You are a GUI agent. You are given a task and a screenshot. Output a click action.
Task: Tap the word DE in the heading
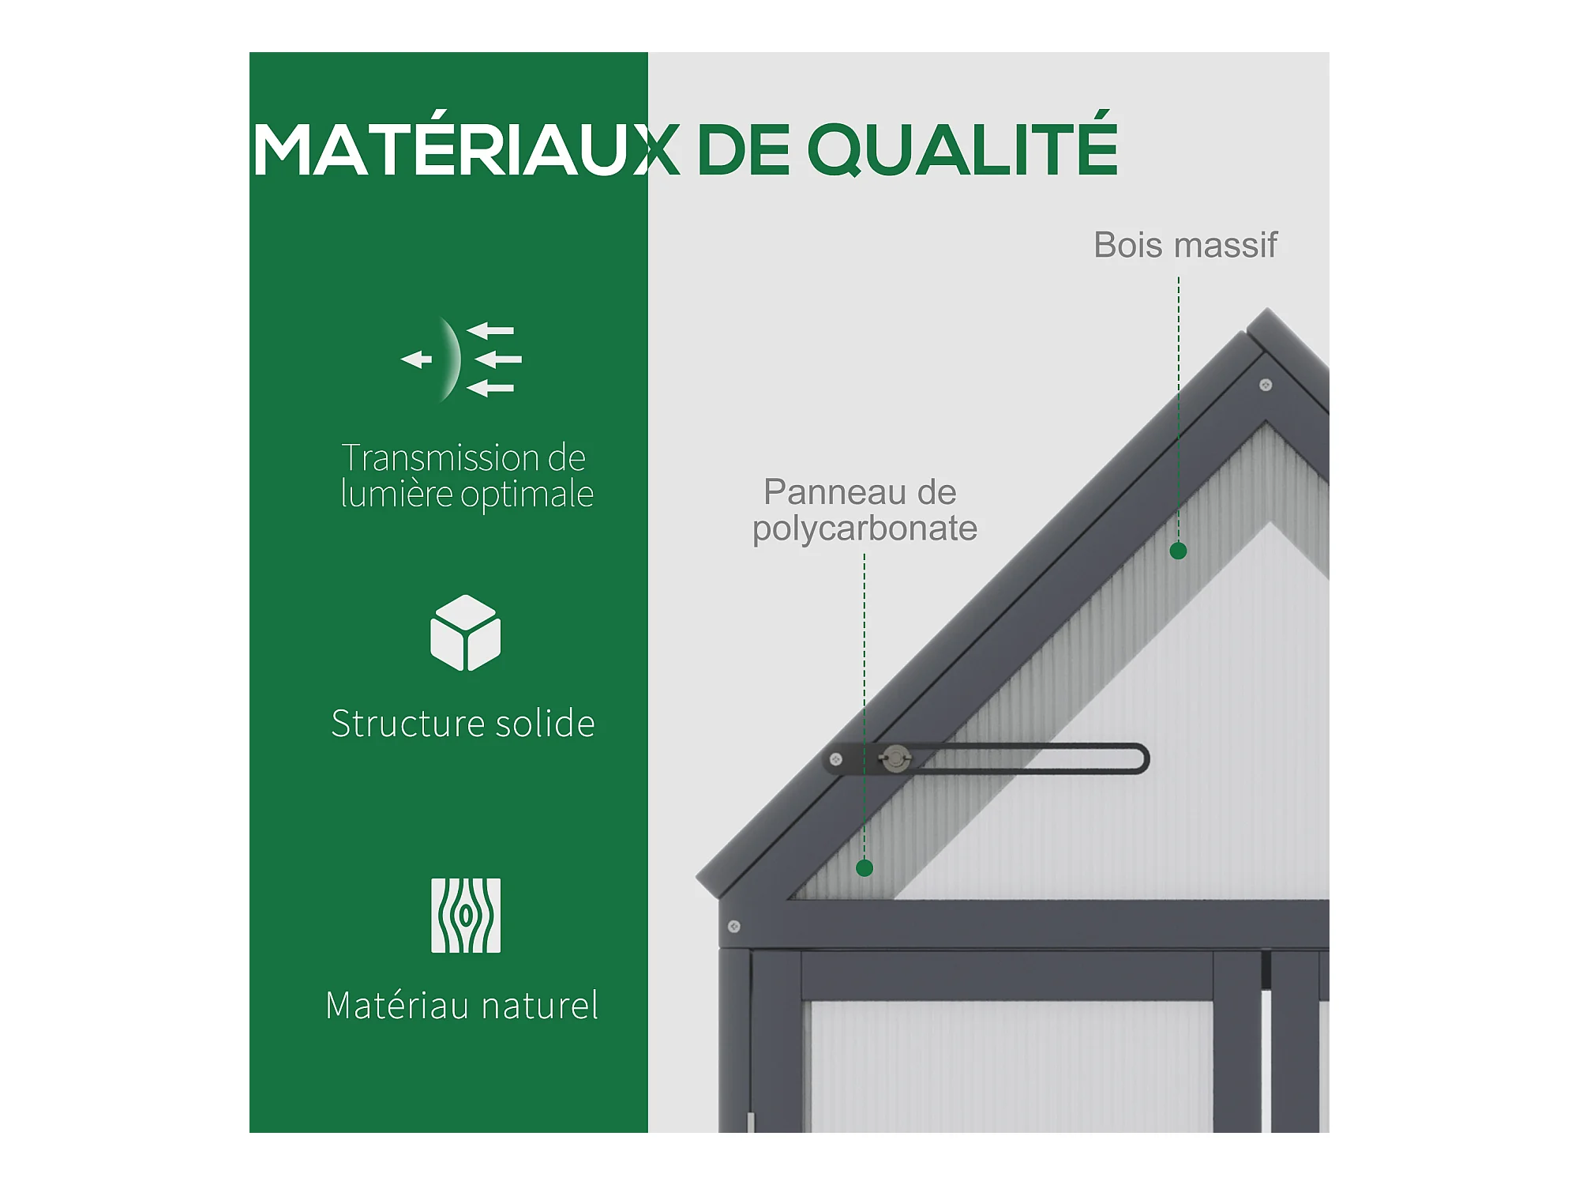743,149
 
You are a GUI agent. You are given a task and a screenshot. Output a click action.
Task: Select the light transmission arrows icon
462,359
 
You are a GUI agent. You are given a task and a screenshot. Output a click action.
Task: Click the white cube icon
465,633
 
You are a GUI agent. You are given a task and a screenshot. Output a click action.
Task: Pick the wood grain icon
466,916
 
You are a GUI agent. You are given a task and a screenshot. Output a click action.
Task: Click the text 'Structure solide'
463,724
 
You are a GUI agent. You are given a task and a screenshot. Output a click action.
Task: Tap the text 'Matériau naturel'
462,1006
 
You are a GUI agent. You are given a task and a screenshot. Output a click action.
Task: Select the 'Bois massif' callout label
1185,245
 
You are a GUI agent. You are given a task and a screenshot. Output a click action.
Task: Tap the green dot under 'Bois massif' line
1178,551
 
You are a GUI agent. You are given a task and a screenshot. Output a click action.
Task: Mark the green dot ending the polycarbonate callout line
865,868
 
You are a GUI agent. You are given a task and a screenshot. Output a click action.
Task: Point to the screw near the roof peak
1266,386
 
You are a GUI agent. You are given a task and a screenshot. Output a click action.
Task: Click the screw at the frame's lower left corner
733,926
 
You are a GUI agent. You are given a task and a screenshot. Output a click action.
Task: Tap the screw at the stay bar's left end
835,759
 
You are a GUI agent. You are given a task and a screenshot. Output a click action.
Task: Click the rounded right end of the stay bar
1144,759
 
